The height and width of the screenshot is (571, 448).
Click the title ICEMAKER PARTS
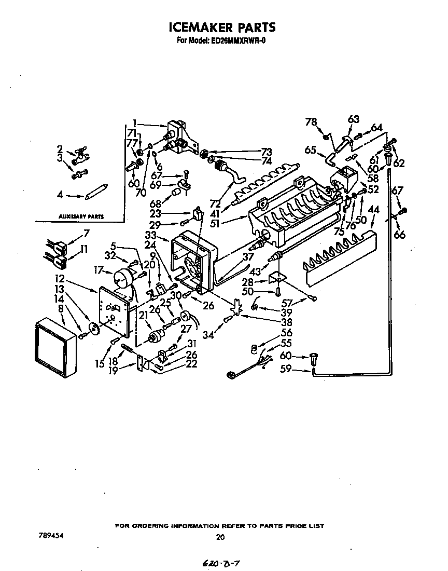[221, 27]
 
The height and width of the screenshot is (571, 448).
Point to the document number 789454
[50, 534]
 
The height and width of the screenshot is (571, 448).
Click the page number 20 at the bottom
[220, 537]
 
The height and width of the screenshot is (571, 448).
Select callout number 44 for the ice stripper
[373, 209]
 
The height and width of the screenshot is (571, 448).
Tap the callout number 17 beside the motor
[99, 270]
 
